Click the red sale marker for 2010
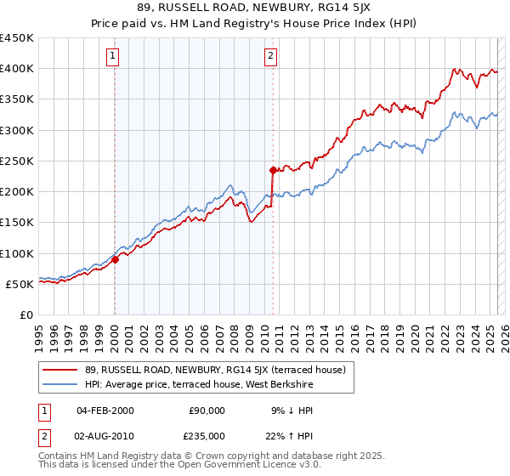(x=273, y=170)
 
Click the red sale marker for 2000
(x=115, y=260)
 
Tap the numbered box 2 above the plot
(x=270, y=57)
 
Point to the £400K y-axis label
(x=17, y=69)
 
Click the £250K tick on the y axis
(x=17, y=161)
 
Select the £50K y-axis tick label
(x=20, y=284)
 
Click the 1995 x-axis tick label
(x=39, y=331)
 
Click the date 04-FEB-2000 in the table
(x=105, y=411)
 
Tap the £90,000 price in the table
(x=207, y=411)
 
